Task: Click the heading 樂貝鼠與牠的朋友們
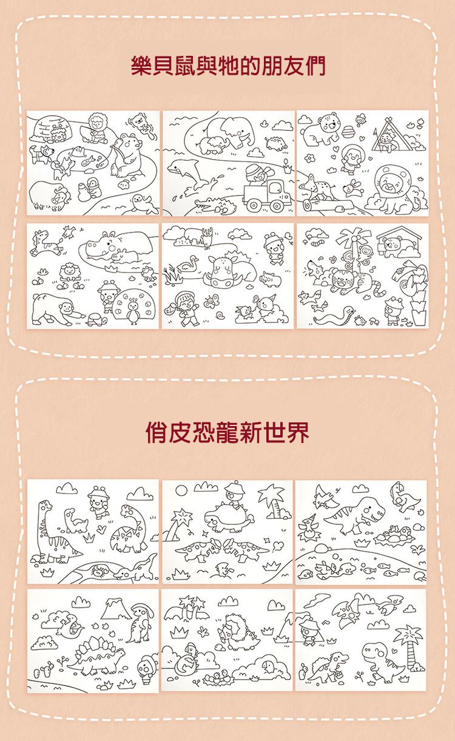tap(227, 66)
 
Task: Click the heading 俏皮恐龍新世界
tap(227, 431)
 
